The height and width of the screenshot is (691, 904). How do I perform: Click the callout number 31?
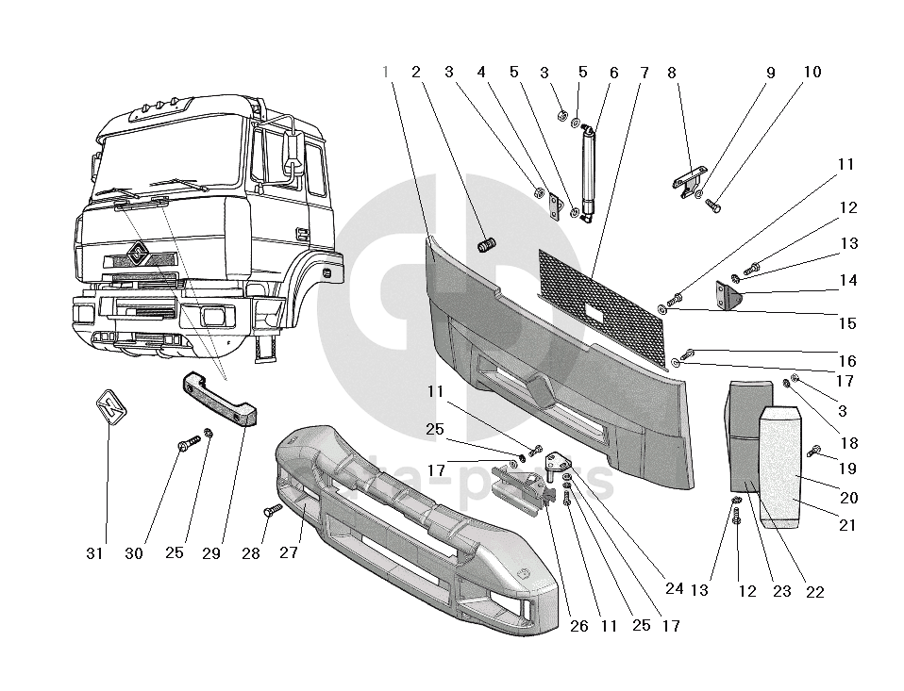(94, 554)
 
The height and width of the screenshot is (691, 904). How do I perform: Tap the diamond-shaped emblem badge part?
(110, 408)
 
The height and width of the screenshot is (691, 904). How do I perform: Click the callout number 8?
(672, 73)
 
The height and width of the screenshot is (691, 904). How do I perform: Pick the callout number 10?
(812, 73)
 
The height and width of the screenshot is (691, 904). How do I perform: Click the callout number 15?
(847, 323)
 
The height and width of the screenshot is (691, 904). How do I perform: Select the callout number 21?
(847, 526)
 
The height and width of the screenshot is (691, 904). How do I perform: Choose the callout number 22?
(814, 592)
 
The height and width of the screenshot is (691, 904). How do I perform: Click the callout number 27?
(289, 553)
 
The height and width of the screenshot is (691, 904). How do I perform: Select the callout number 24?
(674, 588)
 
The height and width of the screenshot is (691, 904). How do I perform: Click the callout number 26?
(579, 625)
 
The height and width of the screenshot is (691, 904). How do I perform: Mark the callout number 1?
(386, 73)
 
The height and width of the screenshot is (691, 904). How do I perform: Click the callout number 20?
(848, 498)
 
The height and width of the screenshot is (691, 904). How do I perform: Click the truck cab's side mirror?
(290, 153)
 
